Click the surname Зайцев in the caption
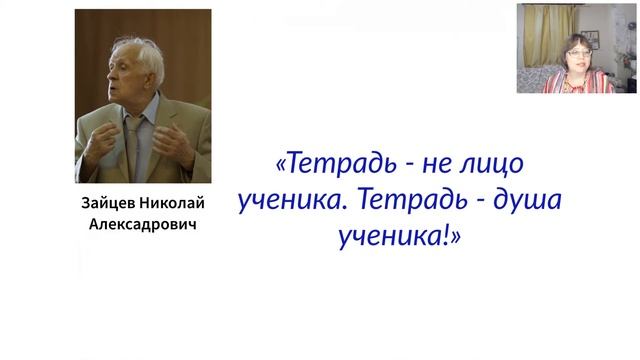(106, 204)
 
